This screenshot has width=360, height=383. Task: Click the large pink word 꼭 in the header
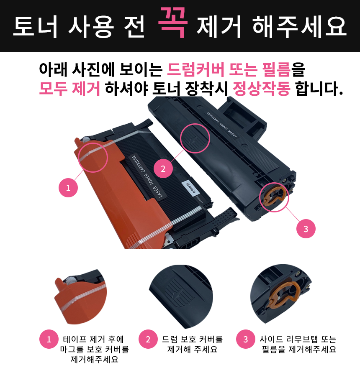click(x=173, y=22)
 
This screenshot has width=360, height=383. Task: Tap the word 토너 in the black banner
click(x=35, y=26)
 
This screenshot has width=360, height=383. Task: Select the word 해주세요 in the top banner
click(x=299, y=26)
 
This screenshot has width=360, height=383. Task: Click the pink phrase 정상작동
click(x=262, y=88)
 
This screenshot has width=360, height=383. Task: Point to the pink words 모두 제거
click(x=69, y=88)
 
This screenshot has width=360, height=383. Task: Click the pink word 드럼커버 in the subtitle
click(x=195, y=69)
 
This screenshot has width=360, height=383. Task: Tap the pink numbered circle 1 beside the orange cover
click(x=68, y=188)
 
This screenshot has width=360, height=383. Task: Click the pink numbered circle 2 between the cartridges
click(x=163, y=169)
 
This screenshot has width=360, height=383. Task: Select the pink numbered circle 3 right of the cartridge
click(x=306, y=229)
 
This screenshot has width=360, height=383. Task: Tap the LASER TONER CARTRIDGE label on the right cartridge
click(x=222, y=124)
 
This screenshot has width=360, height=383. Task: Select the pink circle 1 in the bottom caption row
click(x=49, y=339)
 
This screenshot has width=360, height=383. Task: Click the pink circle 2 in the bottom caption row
click(x=148, y=339)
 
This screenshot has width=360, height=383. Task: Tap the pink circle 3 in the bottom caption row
click(x=246, y=339)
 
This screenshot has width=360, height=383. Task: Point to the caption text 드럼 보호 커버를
click(x=192, y=339)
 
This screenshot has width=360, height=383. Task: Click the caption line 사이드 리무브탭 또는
click(x=298, y=339)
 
